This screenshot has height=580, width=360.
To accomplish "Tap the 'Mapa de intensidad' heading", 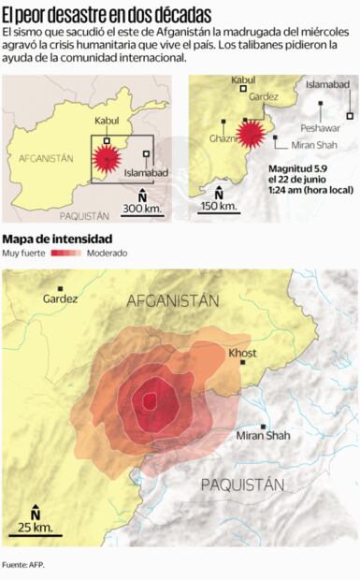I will tap(58, 239).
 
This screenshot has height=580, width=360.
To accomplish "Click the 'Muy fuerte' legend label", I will tap(24, 254).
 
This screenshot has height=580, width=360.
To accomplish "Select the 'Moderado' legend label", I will tap(108, 254).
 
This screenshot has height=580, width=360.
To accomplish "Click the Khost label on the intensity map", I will tap(242, 353).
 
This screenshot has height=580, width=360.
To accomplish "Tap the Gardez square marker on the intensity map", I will tap(61, 289).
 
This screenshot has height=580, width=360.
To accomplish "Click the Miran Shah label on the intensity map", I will tap(263, 435).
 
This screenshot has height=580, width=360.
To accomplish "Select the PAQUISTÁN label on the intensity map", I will tap(242, 485).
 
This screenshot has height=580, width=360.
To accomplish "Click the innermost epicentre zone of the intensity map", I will tap(148, 401).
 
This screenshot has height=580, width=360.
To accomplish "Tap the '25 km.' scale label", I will tap(36, 529).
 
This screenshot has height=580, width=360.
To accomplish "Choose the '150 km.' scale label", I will tap(217, 207).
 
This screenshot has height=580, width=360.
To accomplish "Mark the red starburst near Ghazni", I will tap(250, 134).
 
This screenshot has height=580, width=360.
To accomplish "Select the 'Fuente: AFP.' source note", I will tap(23, 565).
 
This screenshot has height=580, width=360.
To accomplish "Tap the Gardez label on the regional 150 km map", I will tap(265, 96).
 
